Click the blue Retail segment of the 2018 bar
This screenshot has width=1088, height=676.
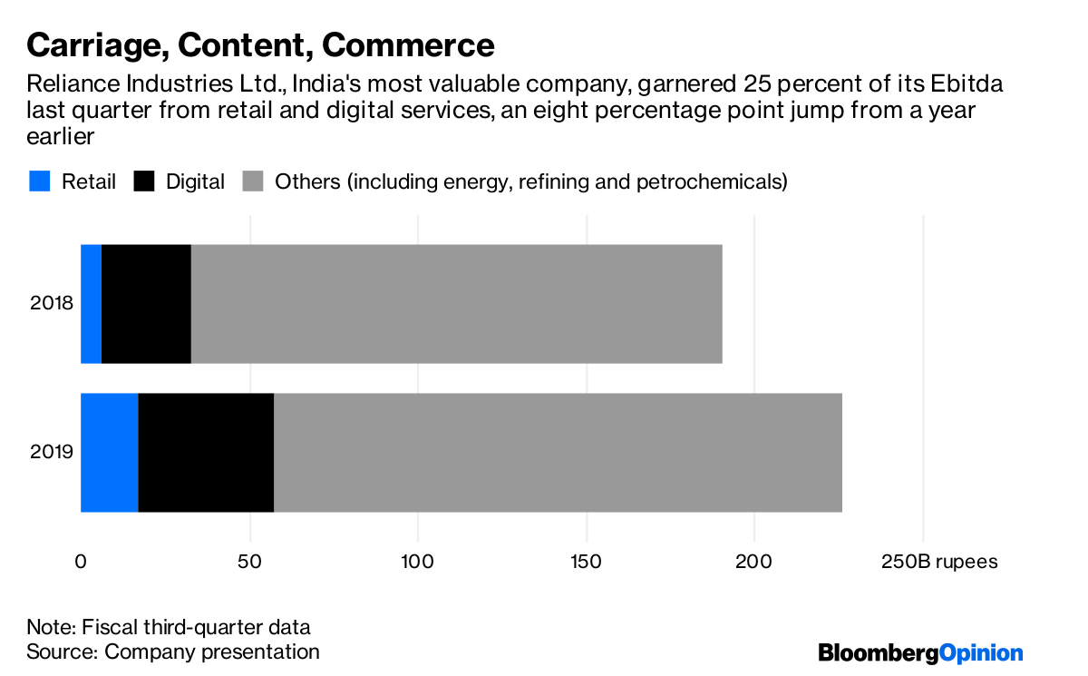[91, 304]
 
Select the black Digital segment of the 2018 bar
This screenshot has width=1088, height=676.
[146, 304]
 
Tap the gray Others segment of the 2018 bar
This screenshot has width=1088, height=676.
[456, 304]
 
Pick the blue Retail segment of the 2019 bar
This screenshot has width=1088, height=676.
[109, 453]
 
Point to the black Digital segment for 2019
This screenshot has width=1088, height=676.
[206, 453]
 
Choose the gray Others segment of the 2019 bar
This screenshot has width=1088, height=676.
[558, 453]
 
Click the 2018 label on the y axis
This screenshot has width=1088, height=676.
[51, 304]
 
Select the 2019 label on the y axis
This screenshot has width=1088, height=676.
[51, 453]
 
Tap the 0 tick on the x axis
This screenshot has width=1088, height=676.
[81, 563]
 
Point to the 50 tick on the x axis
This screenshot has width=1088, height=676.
[248, 563]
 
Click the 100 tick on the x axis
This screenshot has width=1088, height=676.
[417, 563]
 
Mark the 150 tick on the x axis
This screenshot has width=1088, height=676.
[586, 563]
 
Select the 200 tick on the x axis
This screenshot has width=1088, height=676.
[754, 563]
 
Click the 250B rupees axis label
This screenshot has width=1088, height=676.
[939, 563]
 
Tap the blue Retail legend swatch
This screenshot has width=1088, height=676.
[39, 181]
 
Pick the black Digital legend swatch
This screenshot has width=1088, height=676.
[144, 181]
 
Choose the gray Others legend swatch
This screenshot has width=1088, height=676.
[253, 181]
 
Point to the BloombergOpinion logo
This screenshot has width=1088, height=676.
[920, 653]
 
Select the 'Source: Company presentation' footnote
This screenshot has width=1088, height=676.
[173, 652]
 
